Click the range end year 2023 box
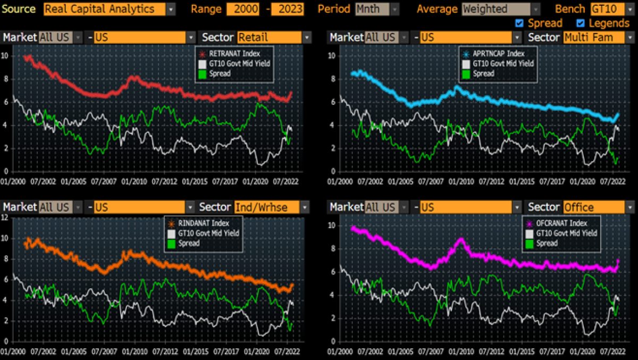coord(287,9)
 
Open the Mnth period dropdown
coord(377,9)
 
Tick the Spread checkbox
coord(519,23)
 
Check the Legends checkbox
coord(581,23)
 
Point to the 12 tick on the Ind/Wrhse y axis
coord(4,217)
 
